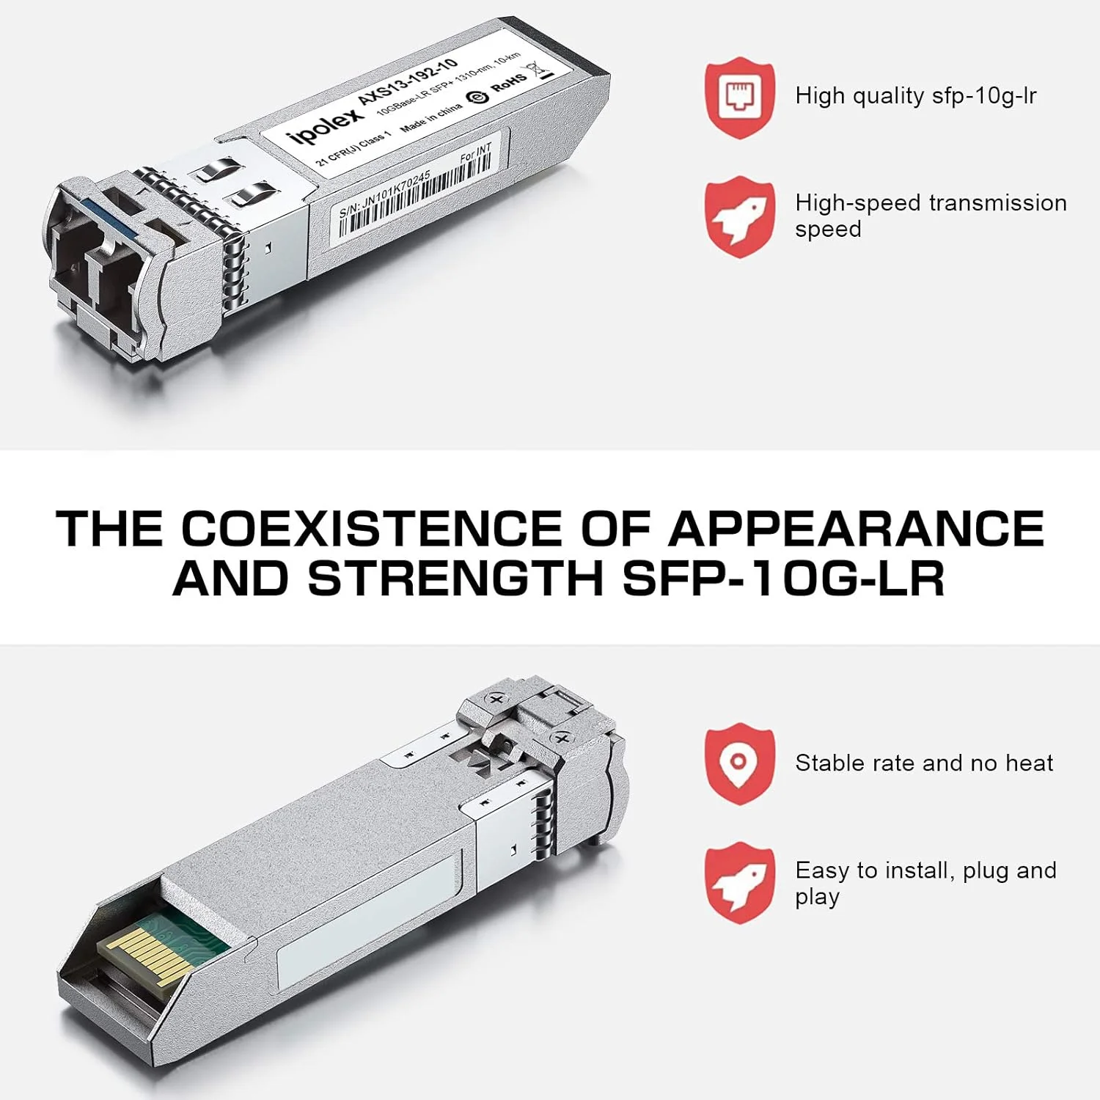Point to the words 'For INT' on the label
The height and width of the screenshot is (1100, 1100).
475,153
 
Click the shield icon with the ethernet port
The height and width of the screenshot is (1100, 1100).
740,97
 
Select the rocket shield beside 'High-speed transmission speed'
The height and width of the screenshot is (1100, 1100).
740,216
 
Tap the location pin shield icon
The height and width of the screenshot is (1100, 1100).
740,763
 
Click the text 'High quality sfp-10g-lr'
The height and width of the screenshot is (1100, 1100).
915,96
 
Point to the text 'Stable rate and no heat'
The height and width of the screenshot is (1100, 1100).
923,763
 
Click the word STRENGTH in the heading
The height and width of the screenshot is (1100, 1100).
455,578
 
